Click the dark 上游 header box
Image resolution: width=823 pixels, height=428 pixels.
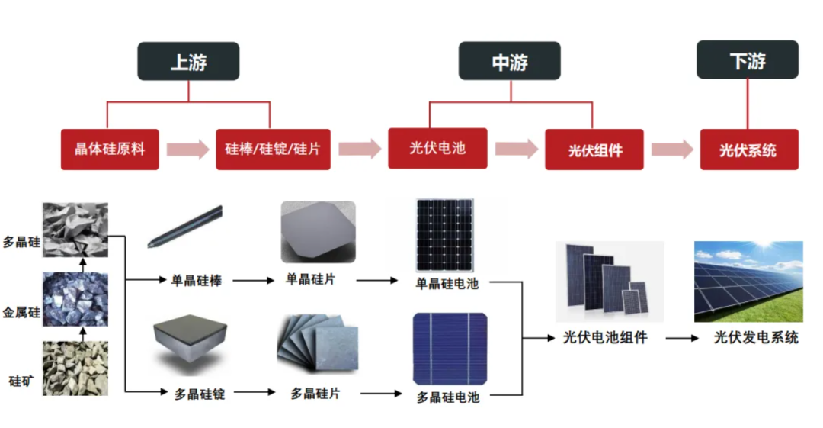tap(188, 61)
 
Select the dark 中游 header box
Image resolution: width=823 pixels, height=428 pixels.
tap(509, 61)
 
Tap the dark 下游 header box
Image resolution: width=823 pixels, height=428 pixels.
tap(748, 60)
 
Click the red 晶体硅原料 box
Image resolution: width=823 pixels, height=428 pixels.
tap(110, 149)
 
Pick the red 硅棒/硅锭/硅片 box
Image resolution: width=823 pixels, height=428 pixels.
tap(273, 149)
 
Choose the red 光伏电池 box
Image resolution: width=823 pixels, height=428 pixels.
tap(437, 148)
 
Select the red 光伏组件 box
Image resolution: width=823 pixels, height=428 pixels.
tap(594, 150)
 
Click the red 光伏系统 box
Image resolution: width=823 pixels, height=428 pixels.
tap(748, 150)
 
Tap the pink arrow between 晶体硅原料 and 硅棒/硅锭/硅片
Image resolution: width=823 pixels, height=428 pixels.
tap(187, 149)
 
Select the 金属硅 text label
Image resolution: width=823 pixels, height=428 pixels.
tap(21, 312)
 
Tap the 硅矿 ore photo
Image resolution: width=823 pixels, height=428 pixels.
tap(75, 368)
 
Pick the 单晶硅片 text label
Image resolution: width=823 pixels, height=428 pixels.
tap(310, 278)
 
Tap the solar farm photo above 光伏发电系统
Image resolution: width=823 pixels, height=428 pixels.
tap(748, 282)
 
